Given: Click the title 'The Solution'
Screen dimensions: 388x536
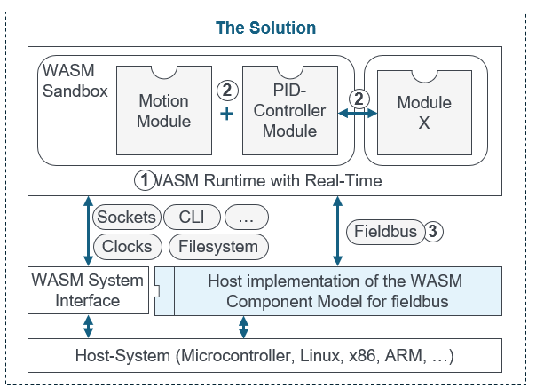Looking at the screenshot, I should tap(266, 28).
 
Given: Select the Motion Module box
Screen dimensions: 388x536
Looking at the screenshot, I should tap(162, 110).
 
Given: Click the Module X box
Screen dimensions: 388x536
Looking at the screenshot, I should tap(423, 112).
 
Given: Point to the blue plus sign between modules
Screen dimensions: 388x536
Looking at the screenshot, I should tap(226, 114).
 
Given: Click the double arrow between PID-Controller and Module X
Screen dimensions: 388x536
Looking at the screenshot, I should tap(359, 113).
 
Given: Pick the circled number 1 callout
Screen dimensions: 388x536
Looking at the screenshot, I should tap(144, 180).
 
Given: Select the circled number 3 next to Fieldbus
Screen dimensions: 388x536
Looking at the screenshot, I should tap(432, 231).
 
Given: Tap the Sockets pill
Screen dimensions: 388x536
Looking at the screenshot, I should tap(126, 217).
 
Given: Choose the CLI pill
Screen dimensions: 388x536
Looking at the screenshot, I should tap(192, 217).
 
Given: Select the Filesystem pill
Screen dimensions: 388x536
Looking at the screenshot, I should tap(218, 246).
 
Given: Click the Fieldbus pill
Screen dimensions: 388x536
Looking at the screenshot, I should tap(385, 231).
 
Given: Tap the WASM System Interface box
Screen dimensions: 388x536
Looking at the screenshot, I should tap(87, 290).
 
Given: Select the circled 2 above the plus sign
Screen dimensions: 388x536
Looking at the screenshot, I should tap(227, 89).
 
